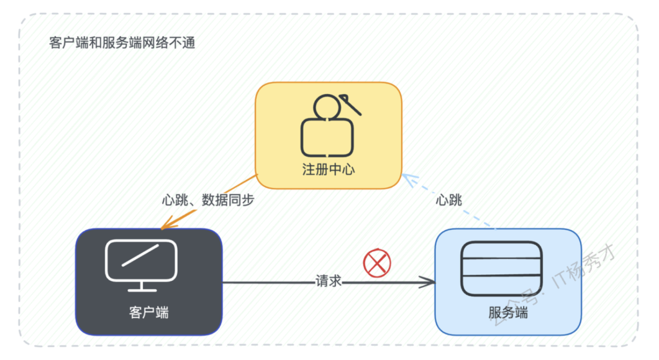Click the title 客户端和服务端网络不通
[122, 43]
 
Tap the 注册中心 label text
[328, 169]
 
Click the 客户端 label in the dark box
[149, 312]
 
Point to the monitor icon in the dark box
[141, 265]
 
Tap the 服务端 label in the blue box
[508, 312]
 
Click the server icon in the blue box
[501, 269]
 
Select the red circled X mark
[377, 263]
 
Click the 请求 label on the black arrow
[328, 281]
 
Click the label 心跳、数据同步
[208, 200]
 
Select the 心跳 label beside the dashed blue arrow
[449, 200]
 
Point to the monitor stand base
[142, 290]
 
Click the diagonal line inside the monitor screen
[140, 255]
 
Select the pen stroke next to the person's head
[350, 104]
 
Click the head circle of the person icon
[327, 107]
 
